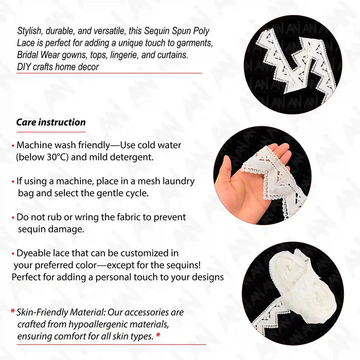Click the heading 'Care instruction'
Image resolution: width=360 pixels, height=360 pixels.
(x=51, y=122)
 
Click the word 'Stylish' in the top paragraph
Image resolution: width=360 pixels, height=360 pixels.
(x=29, y=31)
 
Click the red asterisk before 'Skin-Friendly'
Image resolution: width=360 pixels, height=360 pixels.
(x=13, y=311)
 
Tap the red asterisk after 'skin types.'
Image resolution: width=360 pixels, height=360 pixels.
(x=158, y=335)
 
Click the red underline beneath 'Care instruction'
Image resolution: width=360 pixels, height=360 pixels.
(x=51, y=132)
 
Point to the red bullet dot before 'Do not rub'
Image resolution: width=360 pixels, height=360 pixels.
(x=13, y=217)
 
